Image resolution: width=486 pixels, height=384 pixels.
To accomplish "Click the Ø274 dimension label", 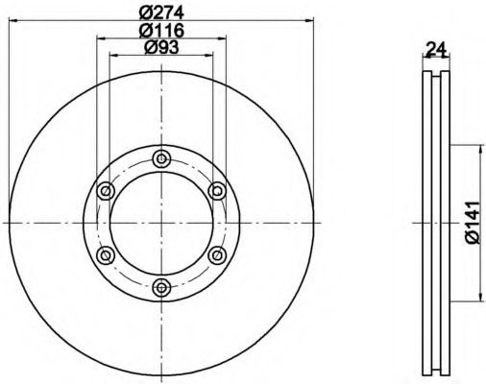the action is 162,12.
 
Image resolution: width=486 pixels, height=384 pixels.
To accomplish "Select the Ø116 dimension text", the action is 162,31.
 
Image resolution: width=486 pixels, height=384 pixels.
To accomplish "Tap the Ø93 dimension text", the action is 162,48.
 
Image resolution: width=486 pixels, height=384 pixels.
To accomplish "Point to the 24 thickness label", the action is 436,50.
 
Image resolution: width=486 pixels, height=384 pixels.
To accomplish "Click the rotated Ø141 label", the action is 474,223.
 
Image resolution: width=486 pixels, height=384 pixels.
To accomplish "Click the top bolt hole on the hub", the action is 161,158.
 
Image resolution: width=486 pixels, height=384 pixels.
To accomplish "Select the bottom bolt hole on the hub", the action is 161,288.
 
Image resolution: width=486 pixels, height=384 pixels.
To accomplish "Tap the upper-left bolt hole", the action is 106,191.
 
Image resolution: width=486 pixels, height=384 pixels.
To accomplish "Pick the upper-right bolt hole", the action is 217,191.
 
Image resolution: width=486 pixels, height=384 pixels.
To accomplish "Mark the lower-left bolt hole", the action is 106,255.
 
